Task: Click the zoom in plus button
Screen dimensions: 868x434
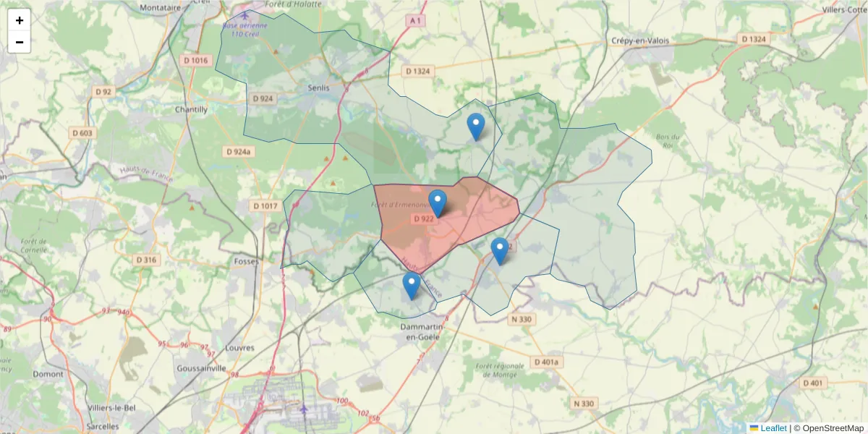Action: click(20, 20)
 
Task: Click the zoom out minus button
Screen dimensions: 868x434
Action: click(20, 42)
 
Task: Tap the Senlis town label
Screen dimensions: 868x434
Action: click(318, 88)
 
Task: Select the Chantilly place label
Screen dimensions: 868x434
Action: click(191, 110)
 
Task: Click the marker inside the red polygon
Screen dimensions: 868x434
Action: click(438, 203)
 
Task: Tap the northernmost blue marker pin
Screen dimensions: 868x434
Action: click(475, 127)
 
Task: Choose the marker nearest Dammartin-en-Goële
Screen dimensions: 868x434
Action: click(411, 286)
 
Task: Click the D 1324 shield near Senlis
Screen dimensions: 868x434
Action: click(417, 71)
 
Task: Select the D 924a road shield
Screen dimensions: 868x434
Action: click(238, 152)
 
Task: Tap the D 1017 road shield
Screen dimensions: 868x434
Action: click(265, 206)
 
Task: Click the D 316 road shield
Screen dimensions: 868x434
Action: click(146, 260)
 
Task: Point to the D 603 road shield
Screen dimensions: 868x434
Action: click(83, 133)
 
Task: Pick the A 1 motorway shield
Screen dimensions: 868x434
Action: click(414, 22)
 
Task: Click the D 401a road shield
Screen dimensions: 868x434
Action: click(547, 361)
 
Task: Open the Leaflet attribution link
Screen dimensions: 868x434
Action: click(773, 428)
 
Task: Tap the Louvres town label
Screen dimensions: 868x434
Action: click(240, 348)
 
